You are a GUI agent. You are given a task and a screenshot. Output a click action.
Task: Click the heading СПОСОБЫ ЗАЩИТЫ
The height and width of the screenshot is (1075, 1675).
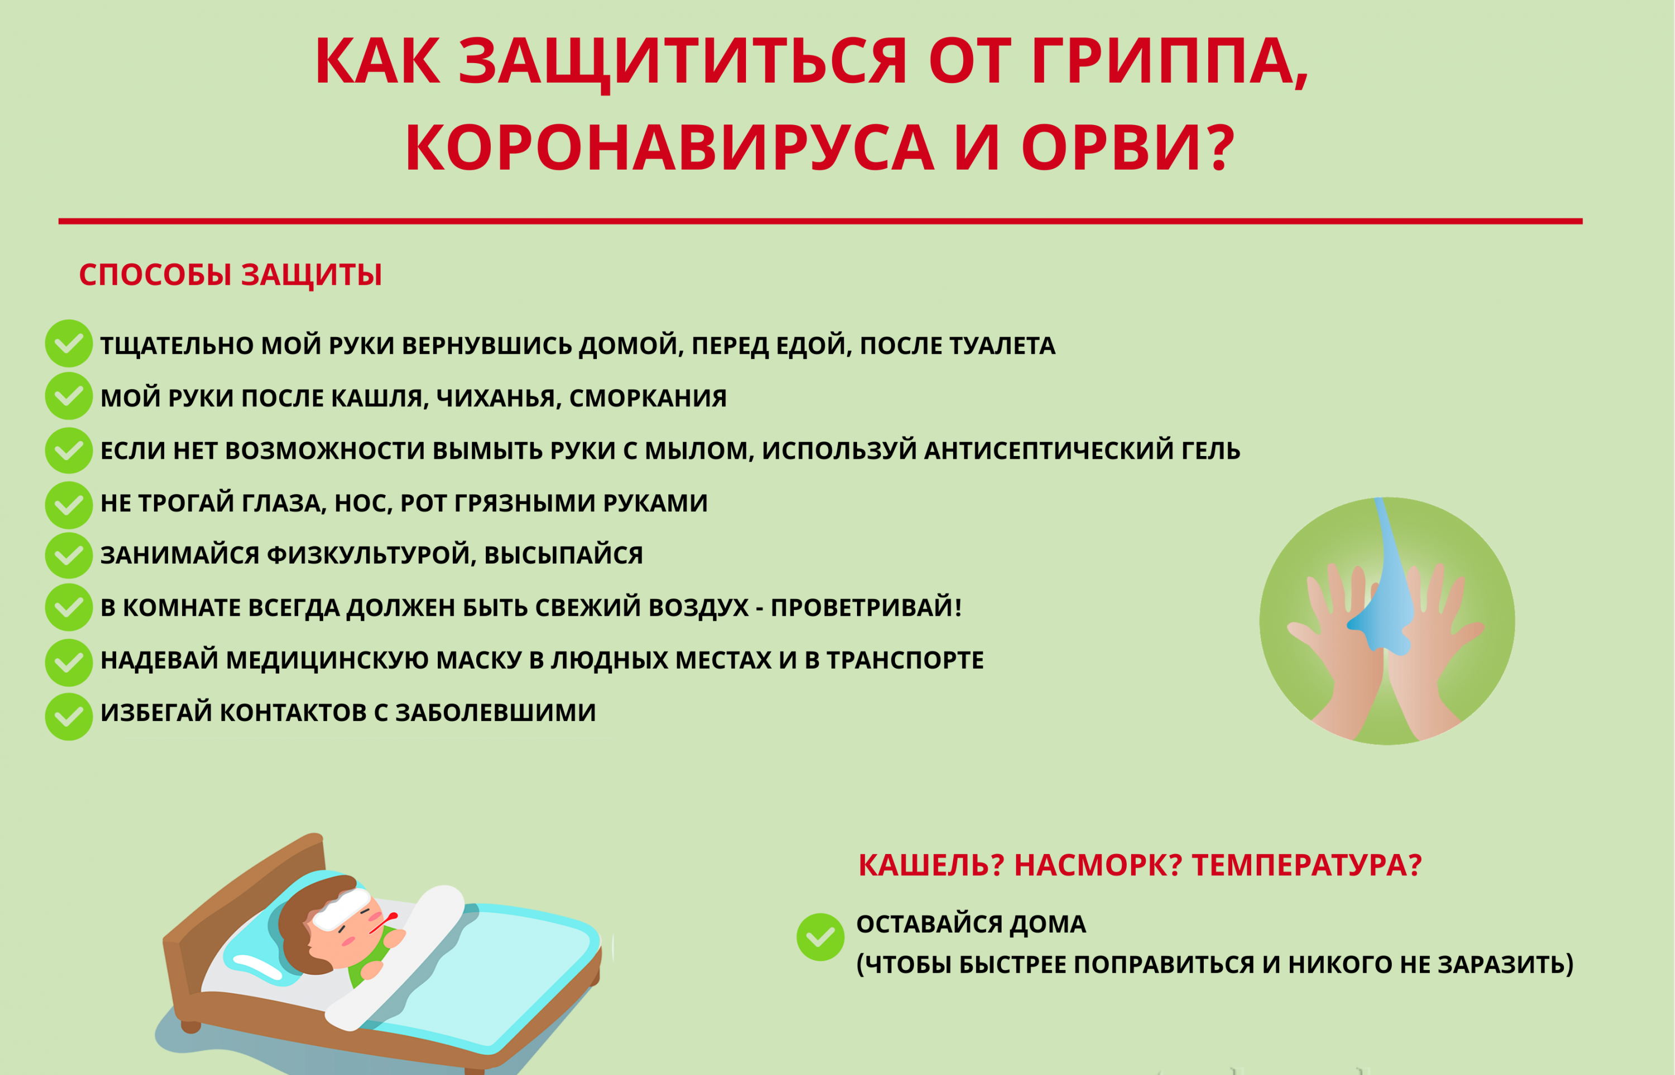coord(231,275)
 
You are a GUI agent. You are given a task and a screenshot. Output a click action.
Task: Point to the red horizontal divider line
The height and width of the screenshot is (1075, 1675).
coord(820,221)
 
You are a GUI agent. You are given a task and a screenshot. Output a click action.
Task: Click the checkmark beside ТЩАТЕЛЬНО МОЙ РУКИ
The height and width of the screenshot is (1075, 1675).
coord(69,343)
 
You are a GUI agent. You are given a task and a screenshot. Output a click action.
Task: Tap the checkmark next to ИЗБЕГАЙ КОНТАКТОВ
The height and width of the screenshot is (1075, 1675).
coord(69,716)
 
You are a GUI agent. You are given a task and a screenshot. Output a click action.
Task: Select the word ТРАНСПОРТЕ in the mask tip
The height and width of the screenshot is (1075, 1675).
coord(906,660)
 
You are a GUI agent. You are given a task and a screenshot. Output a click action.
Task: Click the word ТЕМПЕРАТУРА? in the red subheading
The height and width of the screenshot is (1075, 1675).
coord(1306,866)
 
